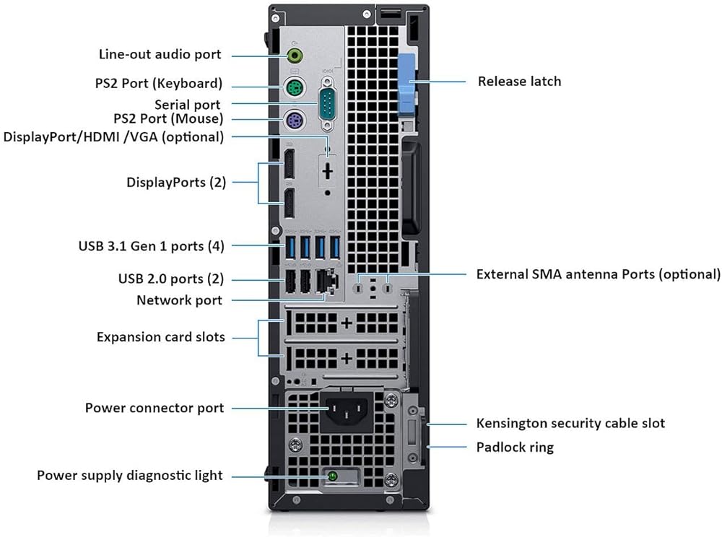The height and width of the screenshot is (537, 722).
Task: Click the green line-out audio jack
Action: click(295, 56)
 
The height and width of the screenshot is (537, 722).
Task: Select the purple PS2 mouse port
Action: click(294, 121)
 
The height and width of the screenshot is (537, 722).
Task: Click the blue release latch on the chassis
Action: click(406, 84)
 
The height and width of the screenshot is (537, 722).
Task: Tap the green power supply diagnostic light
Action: click(332, 476)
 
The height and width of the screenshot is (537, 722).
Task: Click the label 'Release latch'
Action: click(519, 82)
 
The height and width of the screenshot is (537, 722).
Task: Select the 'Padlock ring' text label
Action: click(515, 447)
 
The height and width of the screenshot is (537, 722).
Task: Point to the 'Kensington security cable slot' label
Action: click(570, 424)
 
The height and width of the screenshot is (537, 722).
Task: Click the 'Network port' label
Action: click(180, 300)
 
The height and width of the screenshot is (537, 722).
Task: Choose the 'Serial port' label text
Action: click(188, 105)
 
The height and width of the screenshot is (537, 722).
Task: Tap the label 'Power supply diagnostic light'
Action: click(130, 476)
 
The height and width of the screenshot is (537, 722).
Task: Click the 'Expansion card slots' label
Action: click(161, 337)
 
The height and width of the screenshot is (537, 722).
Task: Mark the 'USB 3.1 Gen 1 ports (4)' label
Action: click(151, 246)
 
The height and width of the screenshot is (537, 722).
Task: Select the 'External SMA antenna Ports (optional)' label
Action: click(598, 274)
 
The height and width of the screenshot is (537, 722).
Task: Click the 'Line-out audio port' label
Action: click(160, 54)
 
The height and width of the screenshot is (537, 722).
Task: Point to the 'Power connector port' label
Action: click(155, 408)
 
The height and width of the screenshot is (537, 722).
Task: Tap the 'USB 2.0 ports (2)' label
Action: click(171, 279)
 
